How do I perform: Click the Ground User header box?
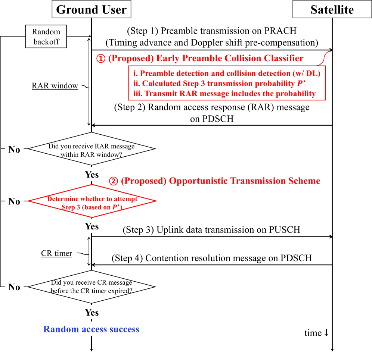[92, 10]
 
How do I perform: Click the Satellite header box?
[332, 10]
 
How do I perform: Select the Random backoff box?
[46, 37]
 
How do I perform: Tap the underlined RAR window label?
[55, 86]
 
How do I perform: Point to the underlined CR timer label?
[56, 254]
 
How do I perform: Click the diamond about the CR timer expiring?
[92, 287]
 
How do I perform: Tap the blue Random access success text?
[91, 329]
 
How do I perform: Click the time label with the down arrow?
[316, 333]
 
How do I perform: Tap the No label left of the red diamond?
[14, 202]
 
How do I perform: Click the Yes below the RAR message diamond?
[92, 175]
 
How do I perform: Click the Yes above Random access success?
[92, 312]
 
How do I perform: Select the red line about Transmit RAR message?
[227, 93]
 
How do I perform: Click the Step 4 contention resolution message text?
[211, 258]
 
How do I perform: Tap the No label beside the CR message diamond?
[14, 287]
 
